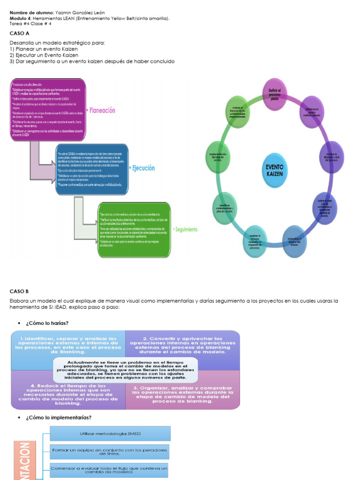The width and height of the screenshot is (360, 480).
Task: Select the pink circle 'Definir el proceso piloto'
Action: (274, 94)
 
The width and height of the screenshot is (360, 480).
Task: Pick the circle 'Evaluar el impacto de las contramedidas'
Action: (238, 112)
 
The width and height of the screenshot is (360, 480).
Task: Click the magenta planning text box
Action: (47, 110)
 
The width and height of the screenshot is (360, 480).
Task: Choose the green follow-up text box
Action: (134, 230)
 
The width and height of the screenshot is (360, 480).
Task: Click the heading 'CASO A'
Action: (19, 34)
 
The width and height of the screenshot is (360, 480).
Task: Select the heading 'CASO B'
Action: (19, 291)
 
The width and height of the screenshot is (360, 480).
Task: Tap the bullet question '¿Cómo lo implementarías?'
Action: (59, 417)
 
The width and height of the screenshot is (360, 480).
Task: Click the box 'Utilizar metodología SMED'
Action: (110, 434)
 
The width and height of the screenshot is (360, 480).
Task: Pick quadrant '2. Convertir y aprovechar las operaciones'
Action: (182, 345)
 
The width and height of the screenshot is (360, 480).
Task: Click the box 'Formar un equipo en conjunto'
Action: (110, 452)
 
